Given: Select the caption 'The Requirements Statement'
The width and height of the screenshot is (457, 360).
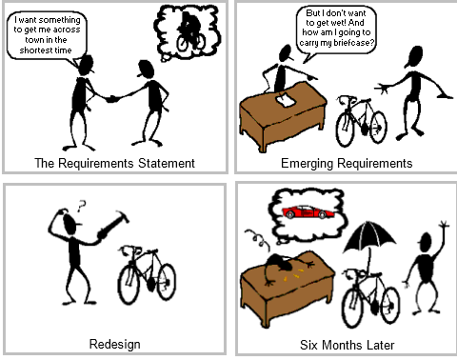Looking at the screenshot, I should tap(113, 163).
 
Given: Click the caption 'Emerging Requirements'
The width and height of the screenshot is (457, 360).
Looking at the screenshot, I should tap(346, 163).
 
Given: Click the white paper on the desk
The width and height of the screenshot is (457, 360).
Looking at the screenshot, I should tap(283, 100).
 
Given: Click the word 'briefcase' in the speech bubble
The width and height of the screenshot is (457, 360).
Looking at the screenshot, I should tap(353, 43).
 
